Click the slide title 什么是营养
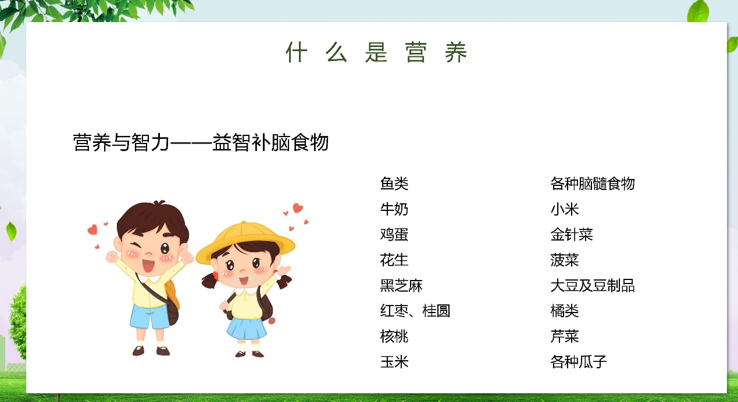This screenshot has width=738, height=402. pos(376,52)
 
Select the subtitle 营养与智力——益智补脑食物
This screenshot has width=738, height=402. pos(201,142)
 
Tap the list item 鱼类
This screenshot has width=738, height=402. pos(394,184)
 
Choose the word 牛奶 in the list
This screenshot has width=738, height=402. pos(394,209)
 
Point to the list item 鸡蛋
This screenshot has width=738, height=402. pos(394,235)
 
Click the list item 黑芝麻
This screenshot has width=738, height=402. pos(401,285)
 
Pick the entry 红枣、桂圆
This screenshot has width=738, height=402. pos(415,311)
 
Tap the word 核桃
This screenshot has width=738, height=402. pos(394,336)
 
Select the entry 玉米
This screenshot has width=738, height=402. pos(394,362)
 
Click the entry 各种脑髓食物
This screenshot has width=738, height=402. pos(593,184)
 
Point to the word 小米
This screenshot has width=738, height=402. pos(565,209)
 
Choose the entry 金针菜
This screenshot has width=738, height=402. pos(572,235)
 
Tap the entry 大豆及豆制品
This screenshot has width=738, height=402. pos(593,285)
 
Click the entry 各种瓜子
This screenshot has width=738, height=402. pos(579,362)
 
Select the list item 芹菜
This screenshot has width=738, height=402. pos(565,336)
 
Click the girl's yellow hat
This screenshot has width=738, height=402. pos(245,241)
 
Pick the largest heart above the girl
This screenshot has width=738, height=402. pos(298,208)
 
